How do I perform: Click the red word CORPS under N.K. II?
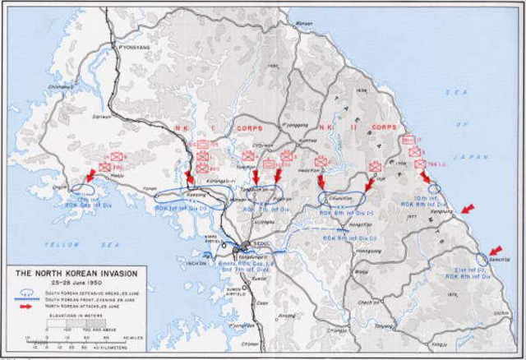coord(384,128)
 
